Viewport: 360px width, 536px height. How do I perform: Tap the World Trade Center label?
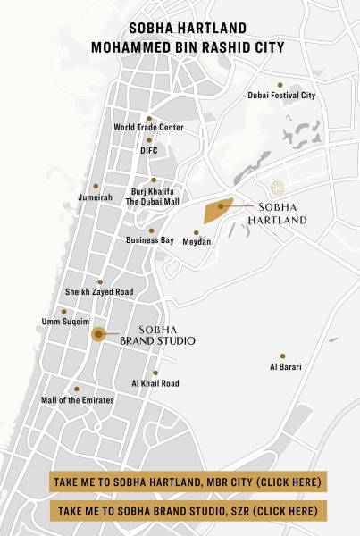coord(148,128)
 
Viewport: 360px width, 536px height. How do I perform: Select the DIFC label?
coord(148,151)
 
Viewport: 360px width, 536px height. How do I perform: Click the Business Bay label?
coord(149,240)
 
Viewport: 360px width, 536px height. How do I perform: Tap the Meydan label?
coord(197,242)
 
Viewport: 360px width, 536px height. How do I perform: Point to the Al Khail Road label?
coord(155,383)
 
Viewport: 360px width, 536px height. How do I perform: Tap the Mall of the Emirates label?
coord(77,400)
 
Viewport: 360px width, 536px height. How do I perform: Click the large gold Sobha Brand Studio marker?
coord(97,334)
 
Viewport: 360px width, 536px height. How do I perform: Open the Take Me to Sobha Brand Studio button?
coord(188,511)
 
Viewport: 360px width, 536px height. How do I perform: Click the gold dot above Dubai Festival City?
coord(280,85)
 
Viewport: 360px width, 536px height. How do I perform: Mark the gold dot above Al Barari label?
coord(282,356)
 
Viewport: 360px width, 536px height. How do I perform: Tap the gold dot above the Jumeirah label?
coord(96,186)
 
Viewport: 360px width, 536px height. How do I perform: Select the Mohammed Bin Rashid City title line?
coord(180,46)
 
